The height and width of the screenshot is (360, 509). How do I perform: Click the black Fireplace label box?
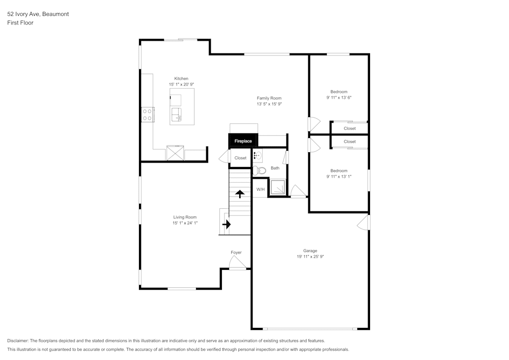pos(243,141)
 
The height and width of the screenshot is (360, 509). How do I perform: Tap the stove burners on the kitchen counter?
pos(148,115)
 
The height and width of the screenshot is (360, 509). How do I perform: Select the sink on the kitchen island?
pos(176,114)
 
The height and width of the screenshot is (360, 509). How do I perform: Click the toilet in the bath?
pos(259,171)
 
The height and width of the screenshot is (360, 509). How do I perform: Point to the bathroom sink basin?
pos(258,156)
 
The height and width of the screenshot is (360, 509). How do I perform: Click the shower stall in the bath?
pos(277,187)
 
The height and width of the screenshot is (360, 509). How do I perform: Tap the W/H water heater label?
pos(260,189)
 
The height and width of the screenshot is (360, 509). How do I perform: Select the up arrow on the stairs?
pos(239,194)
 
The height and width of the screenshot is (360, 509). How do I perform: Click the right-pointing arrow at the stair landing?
pos(226,224)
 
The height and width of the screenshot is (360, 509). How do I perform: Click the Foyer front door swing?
pos(237,263)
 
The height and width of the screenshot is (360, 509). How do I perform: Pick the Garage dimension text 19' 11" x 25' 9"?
pos(310,257)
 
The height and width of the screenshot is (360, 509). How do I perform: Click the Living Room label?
pos(184,217)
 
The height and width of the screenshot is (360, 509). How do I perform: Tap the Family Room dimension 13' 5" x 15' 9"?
pos(269,104)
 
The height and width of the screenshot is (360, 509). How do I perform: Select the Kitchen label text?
pos(181,78)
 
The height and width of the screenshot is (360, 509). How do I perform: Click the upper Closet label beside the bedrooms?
pos(350,128)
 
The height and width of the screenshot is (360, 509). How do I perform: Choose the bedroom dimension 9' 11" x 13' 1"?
pos(339,177)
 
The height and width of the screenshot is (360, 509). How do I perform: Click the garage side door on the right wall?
pos(363,222)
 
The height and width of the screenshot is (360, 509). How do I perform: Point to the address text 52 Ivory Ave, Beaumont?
pos(38,14)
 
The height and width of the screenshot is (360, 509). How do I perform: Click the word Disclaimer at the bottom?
pos(18,341)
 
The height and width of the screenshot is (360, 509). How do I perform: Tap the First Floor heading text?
pos(20,23)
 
